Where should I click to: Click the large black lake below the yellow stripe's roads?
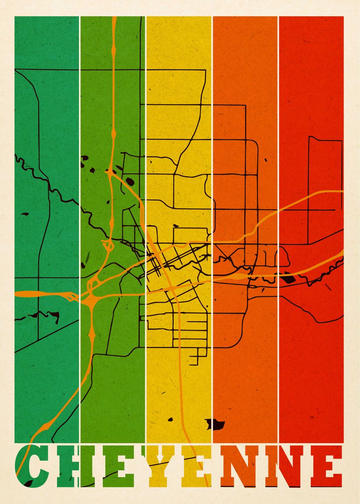coord(215,424)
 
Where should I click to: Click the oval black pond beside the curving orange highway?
coord(130,181)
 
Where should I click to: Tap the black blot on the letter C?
coord(29,483)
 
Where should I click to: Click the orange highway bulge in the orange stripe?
coord(240,278)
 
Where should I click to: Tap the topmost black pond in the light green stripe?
coord(84,158)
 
